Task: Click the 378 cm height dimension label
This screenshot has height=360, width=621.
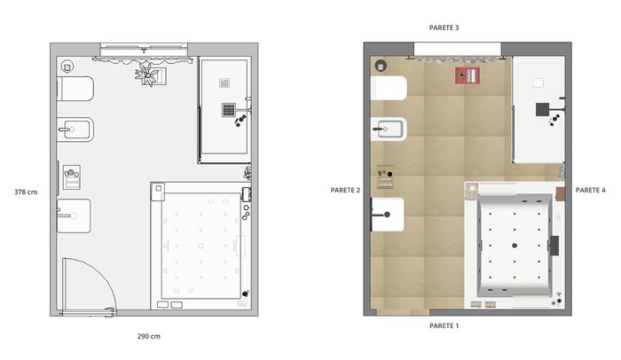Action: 26,192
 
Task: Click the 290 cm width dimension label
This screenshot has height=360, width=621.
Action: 149,336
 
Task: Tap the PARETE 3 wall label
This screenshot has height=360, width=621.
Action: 444,27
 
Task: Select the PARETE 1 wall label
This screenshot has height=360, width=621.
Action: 444,326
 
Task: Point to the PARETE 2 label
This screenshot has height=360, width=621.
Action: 345,190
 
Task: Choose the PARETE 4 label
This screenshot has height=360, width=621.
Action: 591,190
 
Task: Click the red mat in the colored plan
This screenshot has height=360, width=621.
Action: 468,75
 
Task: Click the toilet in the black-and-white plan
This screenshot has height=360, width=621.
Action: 75,89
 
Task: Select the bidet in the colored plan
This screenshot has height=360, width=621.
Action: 389,129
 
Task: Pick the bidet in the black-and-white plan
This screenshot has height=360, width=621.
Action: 75,129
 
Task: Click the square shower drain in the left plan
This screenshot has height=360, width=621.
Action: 229,110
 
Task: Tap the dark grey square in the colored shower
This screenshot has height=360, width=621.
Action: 543,109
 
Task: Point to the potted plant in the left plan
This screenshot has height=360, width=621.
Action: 148,74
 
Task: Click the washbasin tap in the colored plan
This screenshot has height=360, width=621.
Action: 381,215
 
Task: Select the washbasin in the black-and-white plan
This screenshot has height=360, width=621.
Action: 74,215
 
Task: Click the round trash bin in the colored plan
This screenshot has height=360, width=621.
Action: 381,66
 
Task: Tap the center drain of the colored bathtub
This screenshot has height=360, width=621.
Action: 515,246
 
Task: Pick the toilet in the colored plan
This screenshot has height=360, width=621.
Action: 389,88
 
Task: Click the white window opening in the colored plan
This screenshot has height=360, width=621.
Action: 458,49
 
